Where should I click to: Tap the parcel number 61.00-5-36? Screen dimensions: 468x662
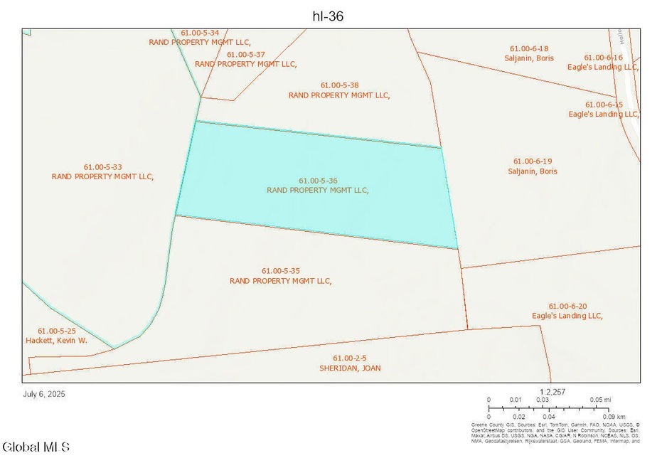318,181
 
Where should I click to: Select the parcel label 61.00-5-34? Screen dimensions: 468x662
200,33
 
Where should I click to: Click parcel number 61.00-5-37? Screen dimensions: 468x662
246,55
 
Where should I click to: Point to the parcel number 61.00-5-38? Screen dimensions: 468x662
339,85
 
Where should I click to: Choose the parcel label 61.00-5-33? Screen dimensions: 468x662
102,167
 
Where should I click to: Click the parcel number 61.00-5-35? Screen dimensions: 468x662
281,271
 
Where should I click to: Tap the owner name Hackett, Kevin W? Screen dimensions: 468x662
62,341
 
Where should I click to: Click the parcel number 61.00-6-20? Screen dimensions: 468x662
568,306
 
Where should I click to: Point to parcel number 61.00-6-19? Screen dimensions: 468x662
533,161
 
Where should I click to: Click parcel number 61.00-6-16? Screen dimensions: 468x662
604,58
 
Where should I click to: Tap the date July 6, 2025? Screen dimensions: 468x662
44,393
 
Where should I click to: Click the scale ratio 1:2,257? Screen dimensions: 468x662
552,391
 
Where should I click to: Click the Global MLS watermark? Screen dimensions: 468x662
36,447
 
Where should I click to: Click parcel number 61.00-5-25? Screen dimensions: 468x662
57,331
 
